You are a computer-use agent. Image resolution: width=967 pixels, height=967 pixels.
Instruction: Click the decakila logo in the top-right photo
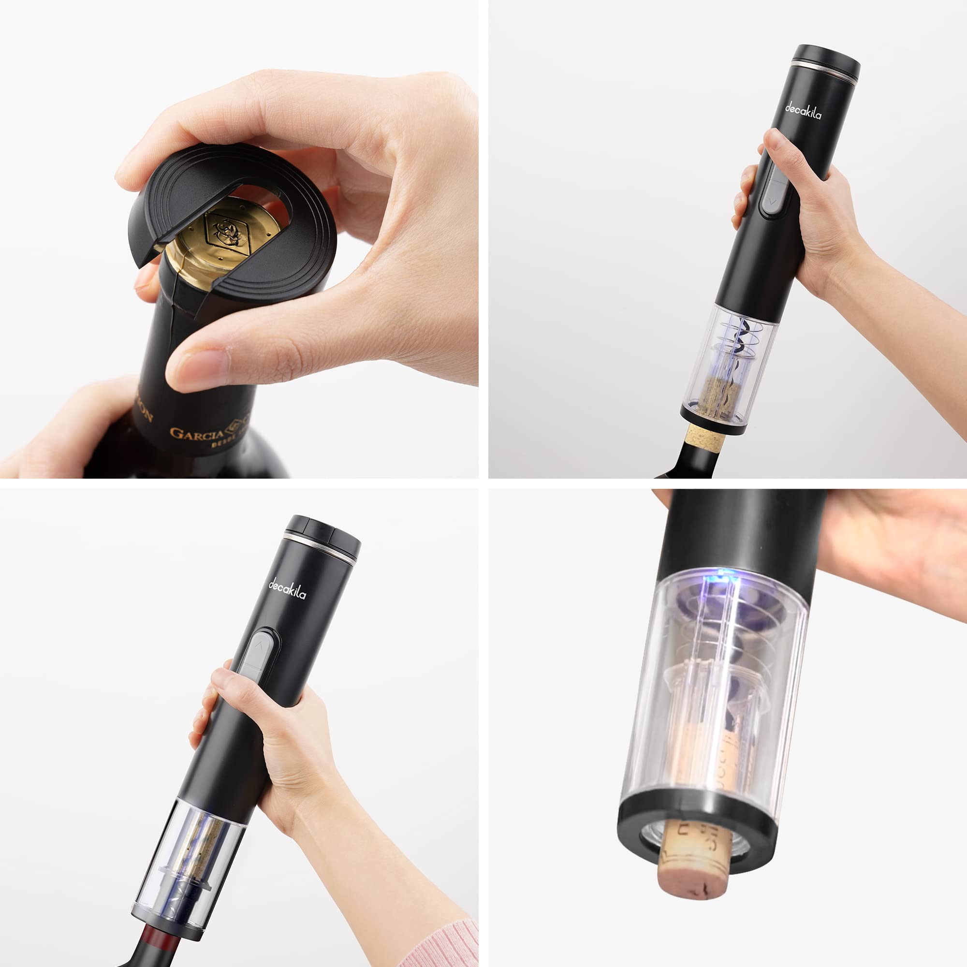802,111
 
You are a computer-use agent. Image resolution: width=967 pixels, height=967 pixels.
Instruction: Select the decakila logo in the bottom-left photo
287,589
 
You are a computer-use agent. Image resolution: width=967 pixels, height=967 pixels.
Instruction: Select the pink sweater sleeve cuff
440,946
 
